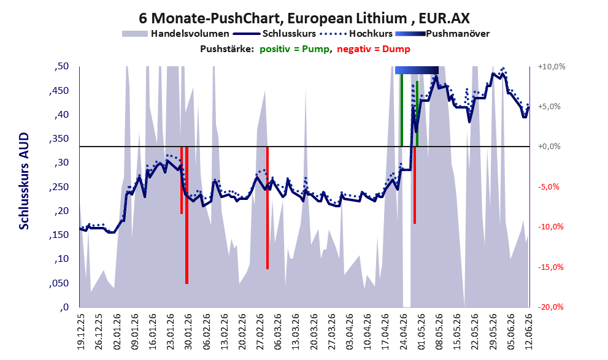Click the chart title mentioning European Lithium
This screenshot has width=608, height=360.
(304, 18)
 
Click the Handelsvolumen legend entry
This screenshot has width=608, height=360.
(175, 34)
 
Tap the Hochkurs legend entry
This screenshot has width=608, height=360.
(356, 34)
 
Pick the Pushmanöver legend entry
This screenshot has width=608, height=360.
(442, 34)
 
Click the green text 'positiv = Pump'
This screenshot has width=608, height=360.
(294, 49)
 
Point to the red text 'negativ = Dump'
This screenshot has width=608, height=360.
(374, 49)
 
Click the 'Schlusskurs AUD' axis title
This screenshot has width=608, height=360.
(24, 181)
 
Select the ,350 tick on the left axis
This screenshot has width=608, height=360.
(59, 139)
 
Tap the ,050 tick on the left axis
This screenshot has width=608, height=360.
(59, 283)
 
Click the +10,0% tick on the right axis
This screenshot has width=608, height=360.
(552, 67)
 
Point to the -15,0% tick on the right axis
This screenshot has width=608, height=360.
(550, 267)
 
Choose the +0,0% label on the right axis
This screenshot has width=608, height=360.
(549, 147)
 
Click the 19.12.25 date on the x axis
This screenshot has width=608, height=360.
(80, 332)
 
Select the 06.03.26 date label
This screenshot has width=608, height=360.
(278, 332)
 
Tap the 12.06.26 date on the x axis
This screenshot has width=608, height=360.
(528, 332)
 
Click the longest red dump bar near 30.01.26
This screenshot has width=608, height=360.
(187, 215)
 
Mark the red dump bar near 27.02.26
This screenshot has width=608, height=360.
(267, 208)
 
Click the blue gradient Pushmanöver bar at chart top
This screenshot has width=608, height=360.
(417, 70)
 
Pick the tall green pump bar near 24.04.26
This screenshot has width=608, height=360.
(402, 110)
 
